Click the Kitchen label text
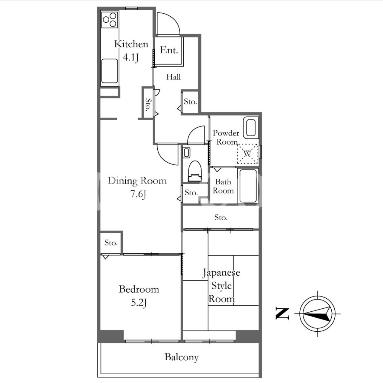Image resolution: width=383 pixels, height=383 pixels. (131, 44)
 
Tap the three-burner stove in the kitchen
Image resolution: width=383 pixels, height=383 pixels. (110, 20)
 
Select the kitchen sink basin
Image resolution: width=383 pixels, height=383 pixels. (110, 71)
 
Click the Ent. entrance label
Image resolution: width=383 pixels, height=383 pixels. (169, 50)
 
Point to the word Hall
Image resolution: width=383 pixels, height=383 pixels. (173, 77)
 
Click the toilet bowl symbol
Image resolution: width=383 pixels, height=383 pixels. (195, 171)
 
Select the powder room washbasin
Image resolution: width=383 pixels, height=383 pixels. (251, 128)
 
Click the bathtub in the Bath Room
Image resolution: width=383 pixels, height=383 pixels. (248, 186)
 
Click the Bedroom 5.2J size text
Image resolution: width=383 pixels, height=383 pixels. (139, 303)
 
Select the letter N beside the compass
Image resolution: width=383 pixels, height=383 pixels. (282, 314)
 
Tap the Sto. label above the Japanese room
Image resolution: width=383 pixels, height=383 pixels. (221, 217)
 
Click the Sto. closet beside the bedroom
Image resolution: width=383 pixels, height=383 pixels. (111, 243)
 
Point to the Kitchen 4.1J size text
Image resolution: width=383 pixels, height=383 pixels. (130, 58)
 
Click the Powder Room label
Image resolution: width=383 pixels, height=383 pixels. (226, 137)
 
